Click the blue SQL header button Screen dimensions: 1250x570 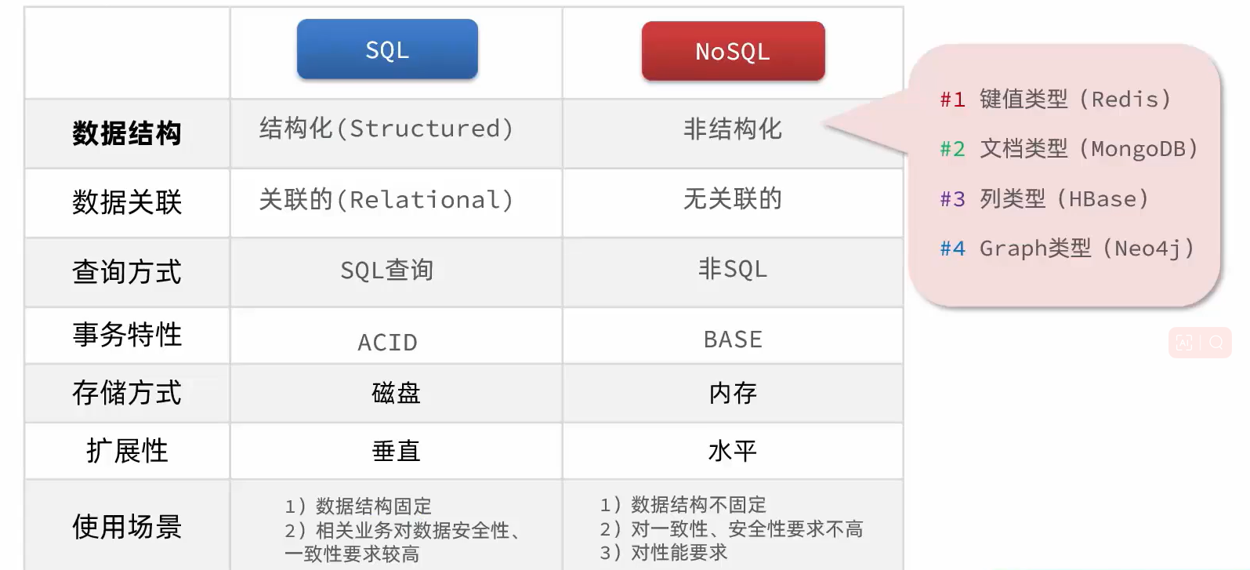tap(387, 49)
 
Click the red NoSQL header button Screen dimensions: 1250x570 tap(734, 52)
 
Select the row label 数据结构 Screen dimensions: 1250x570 tap(127, 133)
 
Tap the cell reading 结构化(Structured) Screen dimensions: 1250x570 tap(386, 129)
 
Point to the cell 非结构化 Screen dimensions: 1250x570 tap(733, 129)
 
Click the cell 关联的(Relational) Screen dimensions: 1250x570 tap(386, 199)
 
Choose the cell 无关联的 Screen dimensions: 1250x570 tap(733, 198)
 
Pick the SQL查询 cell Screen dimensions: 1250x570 tap(386, 270)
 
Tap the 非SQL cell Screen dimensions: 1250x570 tap(733, 269)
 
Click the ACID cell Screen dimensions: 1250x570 tap(387, 342)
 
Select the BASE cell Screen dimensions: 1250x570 tap(733, 339)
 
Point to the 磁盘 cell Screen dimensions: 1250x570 tap(397, 393)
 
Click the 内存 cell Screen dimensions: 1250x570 tap(733, 393)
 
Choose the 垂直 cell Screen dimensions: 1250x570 tap(397, 451)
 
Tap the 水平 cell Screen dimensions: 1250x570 tap(733, 451)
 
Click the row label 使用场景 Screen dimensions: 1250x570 tap(127, 526)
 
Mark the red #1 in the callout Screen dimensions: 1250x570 tap(952, 100)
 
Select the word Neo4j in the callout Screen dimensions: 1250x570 tap(1148, 249)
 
